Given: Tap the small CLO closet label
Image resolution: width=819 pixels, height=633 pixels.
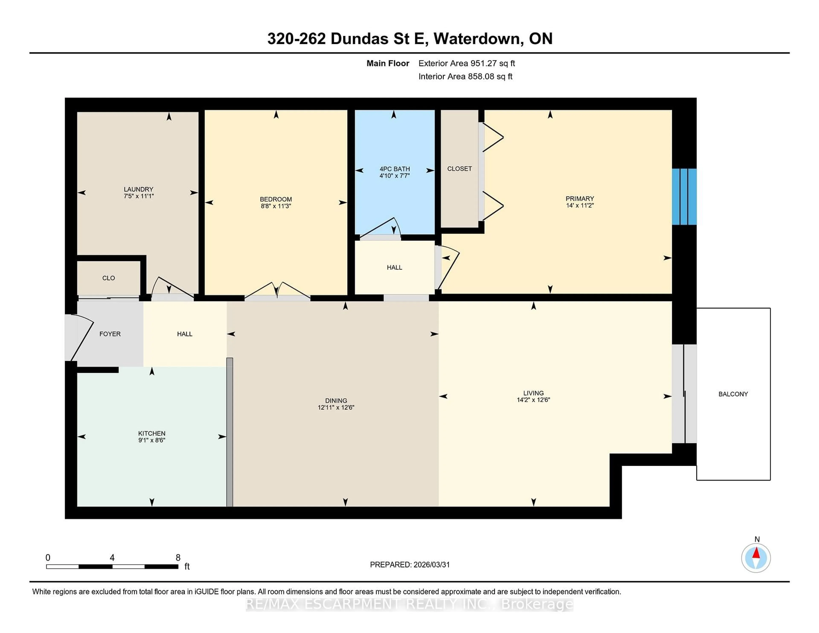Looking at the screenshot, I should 108,278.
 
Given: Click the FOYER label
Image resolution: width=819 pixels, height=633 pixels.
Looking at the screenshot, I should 110,334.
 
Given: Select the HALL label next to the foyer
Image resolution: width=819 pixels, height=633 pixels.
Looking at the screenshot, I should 184,334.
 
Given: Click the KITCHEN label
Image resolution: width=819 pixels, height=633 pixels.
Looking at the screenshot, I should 151,433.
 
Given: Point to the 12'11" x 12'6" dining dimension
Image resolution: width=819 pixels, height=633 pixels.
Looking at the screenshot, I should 336,407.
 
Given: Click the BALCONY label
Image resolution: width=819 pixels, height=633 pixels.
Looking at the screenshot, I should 733,394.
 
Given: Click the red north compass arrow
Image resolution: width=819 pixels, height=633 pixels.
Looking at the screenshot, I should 756,553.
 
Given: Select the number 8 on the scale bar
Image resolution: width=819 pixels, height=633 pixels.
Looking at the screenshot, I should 178,558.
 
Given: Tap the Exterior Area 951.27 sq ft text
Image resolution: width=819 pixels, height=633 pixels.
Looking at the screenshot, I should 466,63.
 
